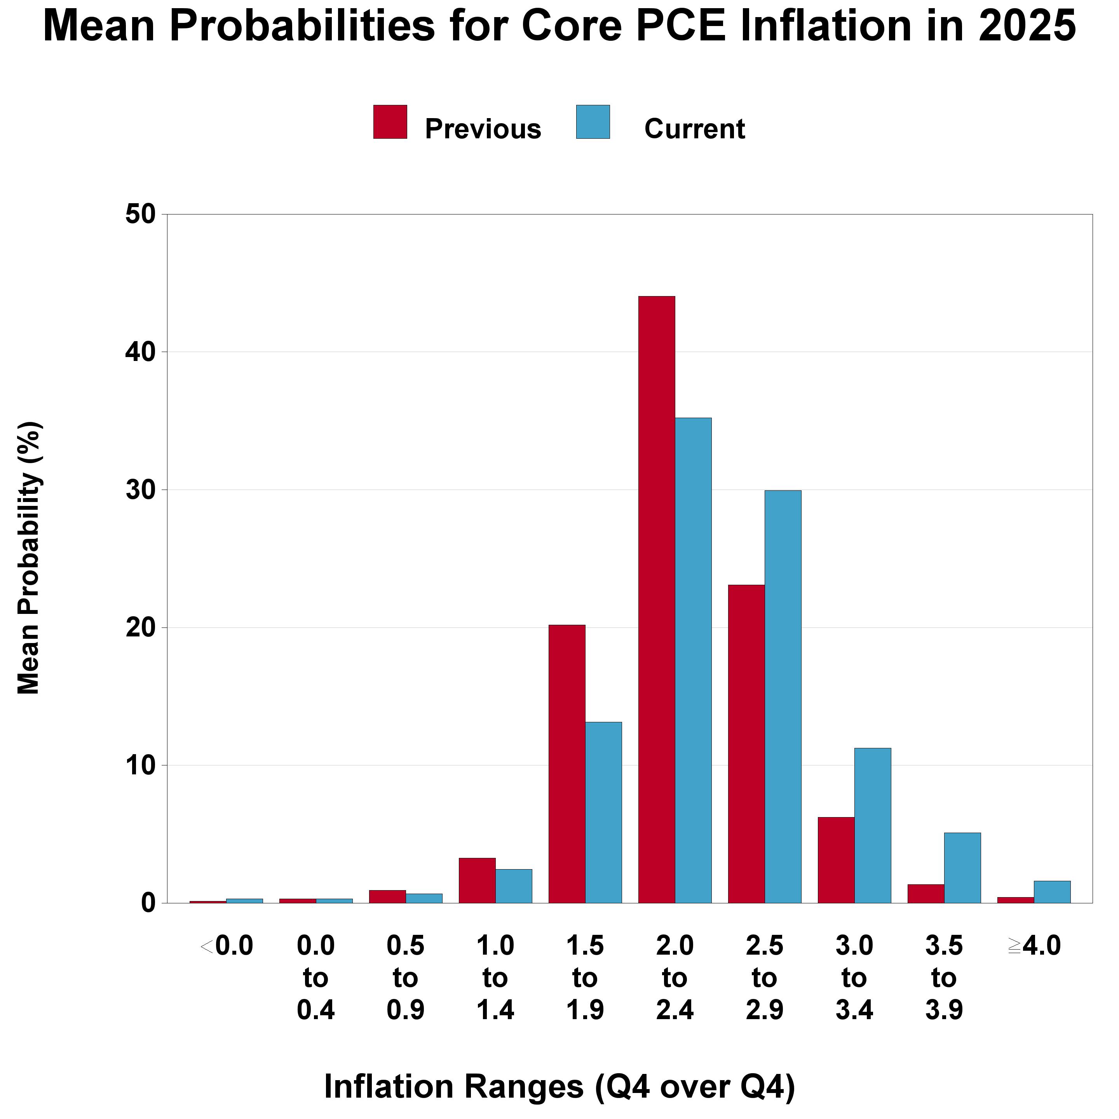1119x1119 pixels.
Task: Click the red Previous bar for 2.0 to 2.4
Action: coord(656,600)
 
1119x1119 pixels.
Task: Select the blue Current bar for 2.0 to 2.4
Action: coord(693,660)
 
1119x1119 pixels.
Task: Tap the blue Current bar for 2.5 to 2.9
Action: coord(783,697)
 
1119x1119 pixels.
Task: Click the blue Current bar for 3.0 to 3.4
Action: coord(872,825)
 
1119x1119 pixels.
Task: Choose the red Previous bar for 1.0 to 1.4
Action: coord(477,880)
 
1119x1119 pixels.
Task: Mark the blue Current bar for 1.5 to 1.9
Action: coord(603,812)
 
